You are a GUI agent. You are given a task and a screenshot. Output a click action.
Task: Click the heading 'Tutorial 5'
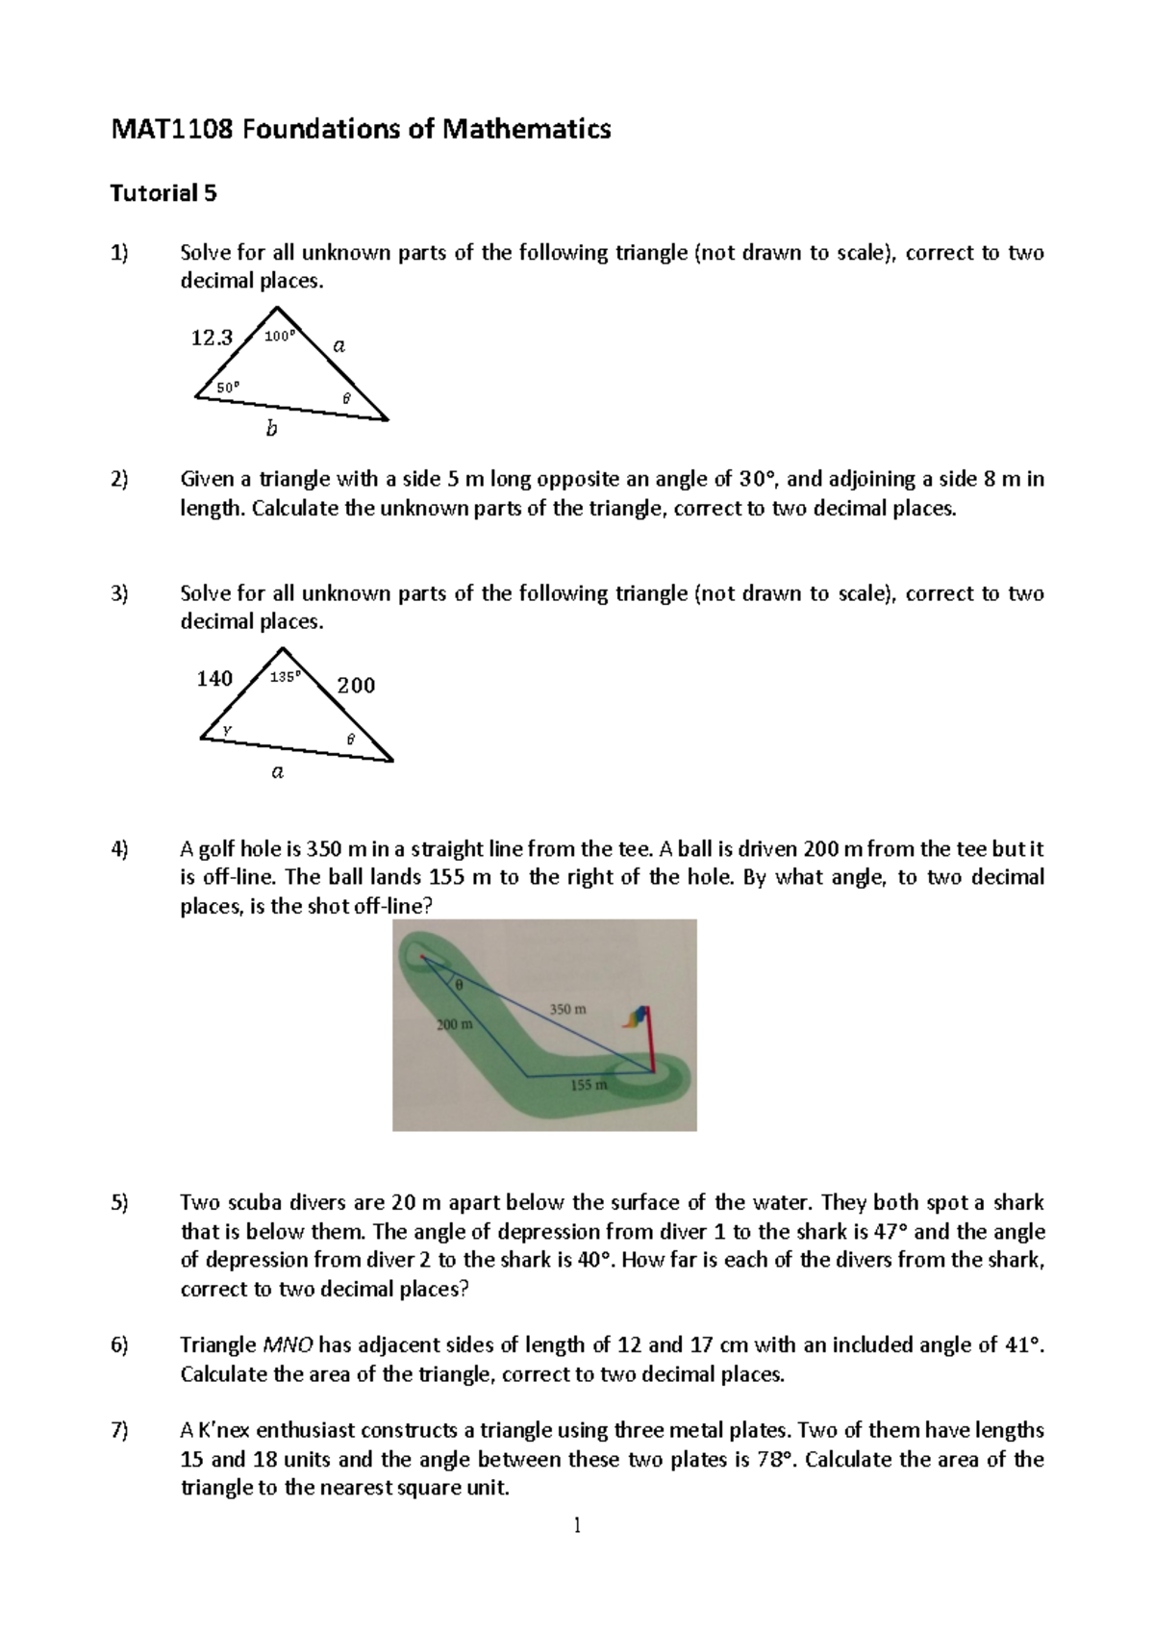click(x=163, y=193)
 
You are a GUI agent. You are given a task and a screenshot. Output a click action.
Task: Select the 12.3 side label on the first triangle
click(x=212, y=338)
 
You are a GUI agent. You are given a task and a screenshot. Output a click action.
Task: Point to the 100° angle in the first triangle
click(x=279, y=337)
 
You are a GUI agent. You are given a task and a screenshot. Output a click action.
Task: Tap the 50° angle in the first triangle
click(x=227, y=386)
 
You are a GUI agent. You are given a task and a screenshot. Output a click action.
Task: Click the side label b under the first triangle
click(x=271, y=429)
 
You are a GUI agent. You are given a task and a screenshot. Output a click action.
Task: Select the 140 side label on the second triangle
click(x=214, y=679)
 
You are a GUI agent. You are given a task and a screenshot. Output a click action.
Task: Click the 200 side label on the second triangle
click(x=356, y=685)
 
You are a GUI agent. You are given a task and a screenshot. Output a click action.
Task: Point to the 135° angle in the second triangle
click(x=285, y=677)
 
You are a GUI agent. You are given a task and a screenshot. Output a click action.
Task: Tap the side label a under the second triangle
click(x=277, y=771)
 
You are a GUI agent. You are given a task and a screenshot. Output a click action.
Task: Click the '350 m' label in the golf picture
click(x=567, y=1009)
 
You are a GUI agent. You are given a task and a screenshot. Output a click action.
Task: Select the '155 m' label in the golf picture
click(x=589, y=1086)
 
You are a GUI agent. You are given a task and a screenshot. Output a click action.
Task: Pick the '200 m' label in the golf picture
click(x=455, y=1025)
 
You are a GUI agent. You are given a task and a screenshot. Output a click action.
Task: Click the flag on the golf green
click(x=639, y=1017)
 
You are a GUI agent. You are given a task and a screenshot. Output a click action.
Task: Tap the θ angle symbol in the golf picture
click(x=459, y=984)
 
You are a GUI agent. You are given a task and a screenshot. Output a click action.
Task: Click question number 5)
click(x=119, y=1203)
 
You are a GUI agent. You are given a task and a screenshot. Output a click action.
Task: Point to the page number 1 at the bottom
click(x=577, y=1525)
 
